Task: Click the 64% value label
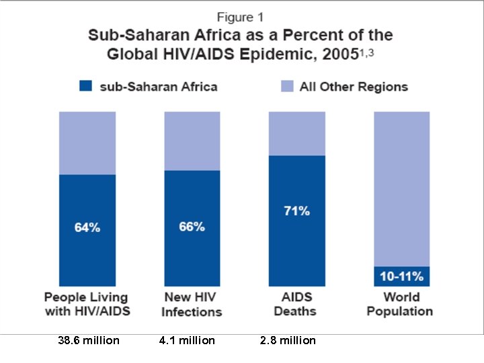pyautogui.click(x=87, y=228)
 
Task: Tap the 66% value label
pyautogui.click(x=192, y=227)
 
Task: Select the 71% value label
pyautogui.click(x=296, y=211)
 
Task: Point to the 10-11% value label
pyautogui.click(x=401, y=276)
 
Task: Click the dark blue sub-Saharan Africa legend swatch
pyautogui.click(x=85, y=86)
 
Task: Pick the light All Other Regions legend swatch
pyautogui.click(x=287, y=86)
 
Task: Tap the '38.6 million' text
pyautogui.click(x=89, y=341)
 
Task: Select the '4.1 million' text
pyautogui.click(x=187, y=341)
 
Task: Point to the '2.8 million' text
pyautogui.click(x=287, y=341)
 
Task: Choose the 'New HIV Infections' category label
pyautogui.click(x=192, y=304)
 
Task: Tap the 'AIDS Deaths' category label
pyautogui.click(x=296, y=304)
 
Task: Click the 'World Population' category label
pyautogui.click(x=401, y=304)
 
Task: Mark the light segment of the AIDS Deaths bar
pyautogui.click(x=296, y=133)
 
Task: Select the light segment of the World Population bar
pyautogui.click(x=401, y=188)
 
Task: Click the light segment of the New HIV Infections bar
pyautogui.click(x=192, y=140)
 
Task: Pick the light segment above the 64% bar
pyautogui.click(x=87, y=143)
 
